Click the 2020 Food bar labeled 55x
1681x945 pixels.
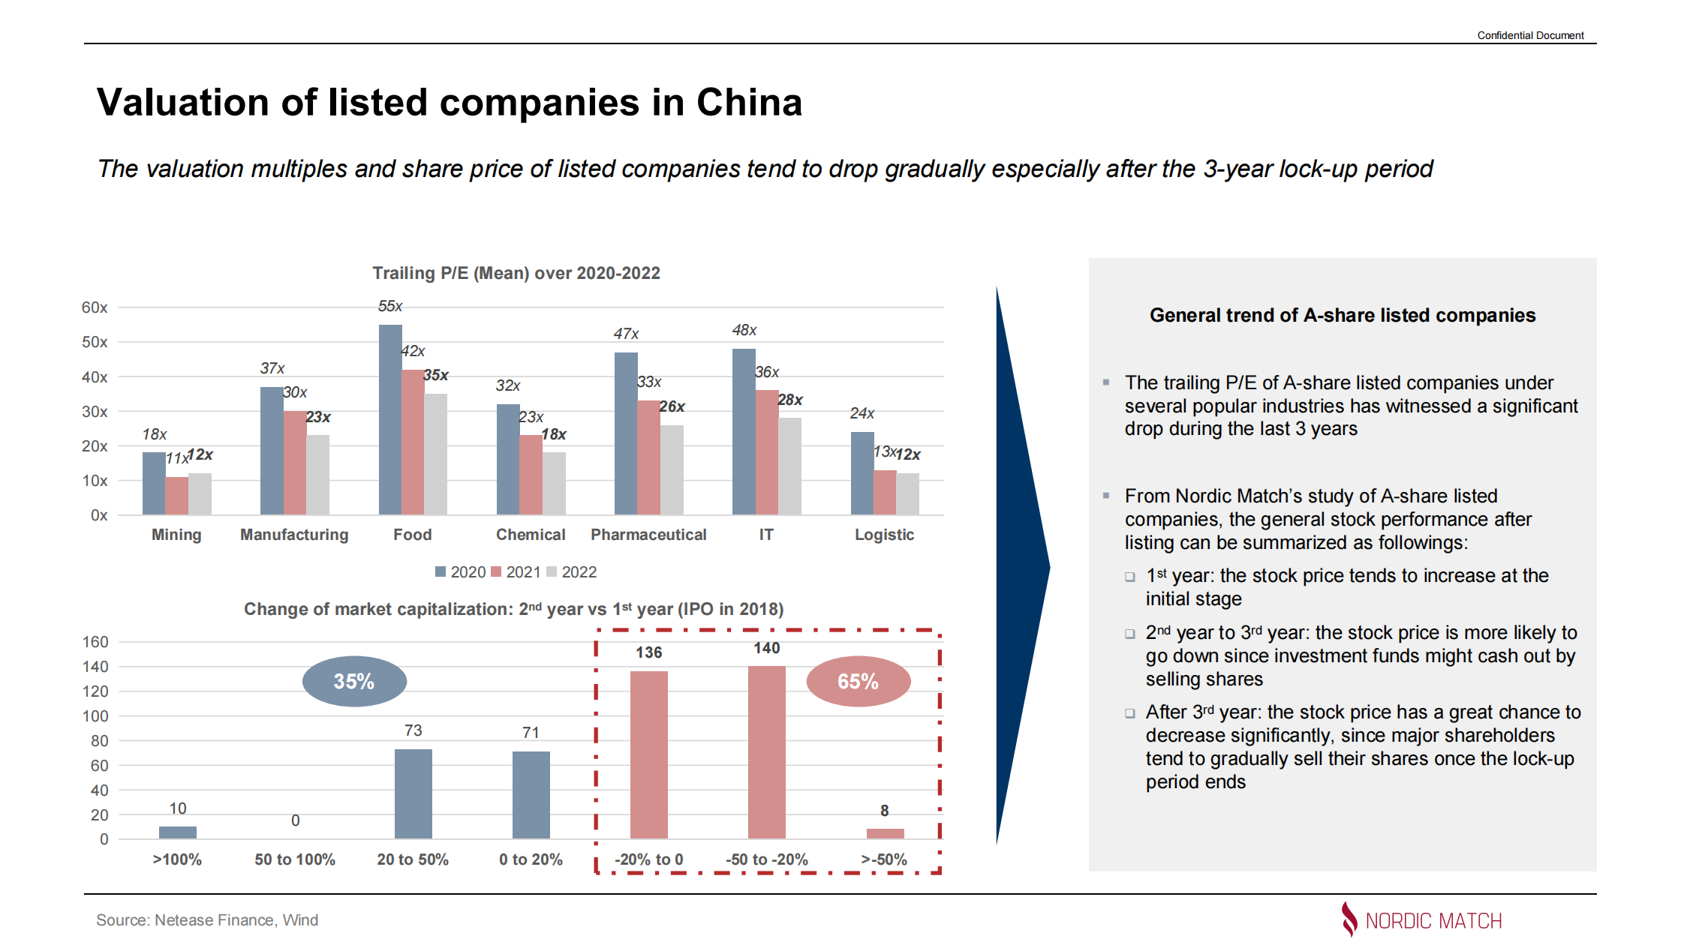point(390,419)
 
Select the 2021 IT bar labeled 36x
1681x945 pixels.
point(766,451)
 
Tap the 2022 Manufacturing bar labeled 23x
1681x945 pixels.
point(317,474)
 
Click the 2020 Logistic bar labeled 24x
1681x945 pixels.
point(862,472)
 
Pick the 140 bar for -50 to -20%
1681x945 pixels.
point(766,751)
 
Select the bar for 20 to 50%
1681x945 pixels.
point(413,793)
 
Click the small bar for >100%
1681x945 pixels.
point(177,832)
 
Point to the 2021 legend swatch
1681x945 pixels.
point(496,571)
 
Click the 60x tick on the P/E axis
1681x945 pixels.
point(95,307)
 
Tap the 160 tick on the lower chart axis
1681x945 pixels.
point(95,642)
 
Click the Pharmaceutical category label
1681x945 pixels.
point(648,535)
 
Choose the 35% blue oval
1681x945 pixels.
point(354,681)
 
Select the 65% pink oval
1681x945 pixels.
point(858,681)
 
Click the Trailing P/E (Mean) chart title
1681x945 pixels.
point(516,273)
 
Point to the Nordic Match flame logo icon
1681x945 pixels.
point(1349,919)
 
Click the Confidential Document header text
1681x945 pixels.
point(1530,35)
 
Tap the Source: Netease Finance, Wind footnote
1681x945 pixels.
point(207,920)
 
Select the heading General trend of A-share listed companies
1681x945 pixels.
point(1342,315)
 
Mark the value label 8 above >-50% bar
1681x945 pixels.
point(885,811)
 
